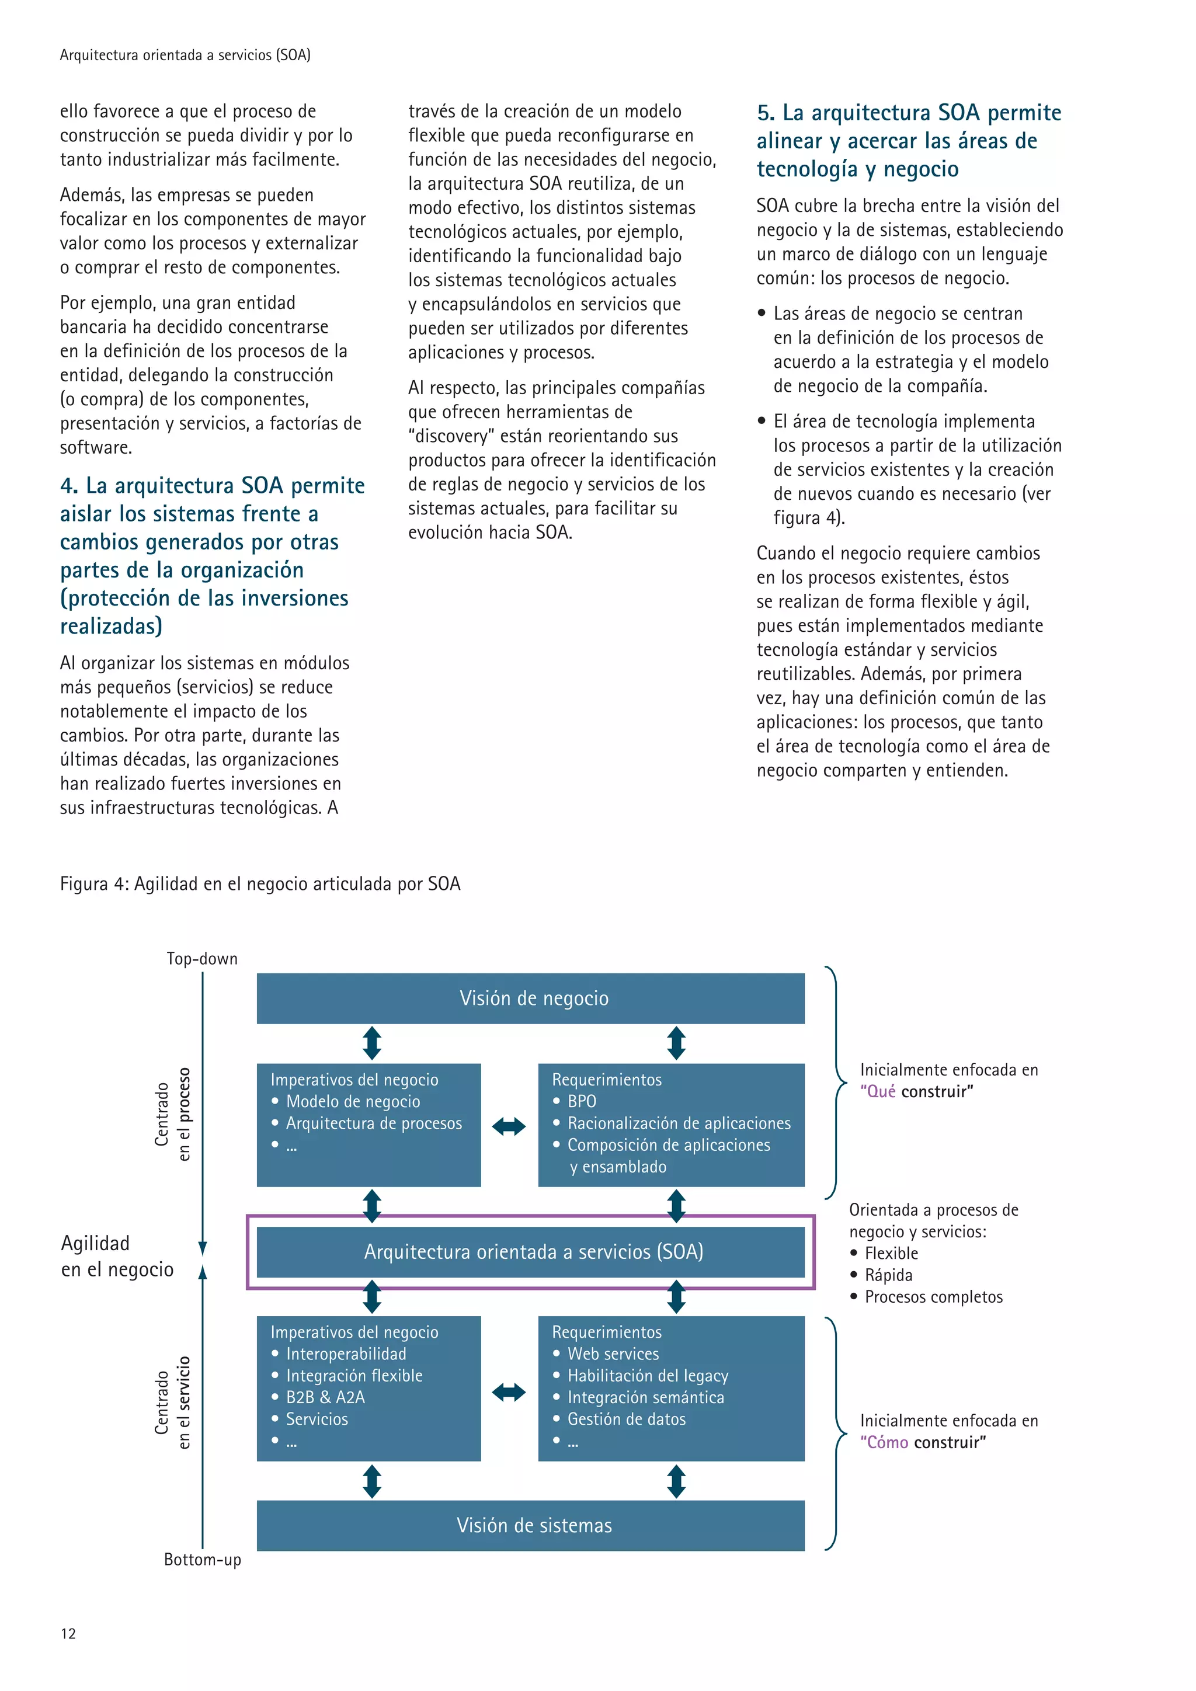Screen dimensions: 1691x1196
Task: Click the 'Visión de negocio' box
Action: pos(530,998)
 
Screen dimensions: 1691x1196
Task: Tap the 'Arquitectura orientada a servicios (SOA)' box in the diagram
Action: pos(530,1251)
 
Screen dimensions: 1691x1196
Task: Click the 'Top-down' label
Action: pos(202,958)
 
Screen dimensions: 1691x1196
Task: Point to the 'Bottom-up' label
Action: pos(202,1559)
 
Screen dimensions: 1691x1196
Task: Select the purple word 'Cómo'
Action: pos(888,1442)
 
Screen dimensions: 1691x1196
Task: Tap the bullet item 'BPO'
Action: pos(582,1101)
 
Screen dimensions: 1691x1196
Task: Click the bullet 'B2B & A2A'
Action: pos(325,1397)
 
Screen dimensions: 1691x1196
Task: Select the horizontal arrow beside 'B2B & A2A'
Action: pos(509,1392)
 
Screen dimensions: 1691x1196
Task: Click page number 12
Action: pos(68,1634)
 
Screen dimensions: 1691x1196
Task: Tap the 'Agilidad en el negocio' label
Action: pos(116,1257)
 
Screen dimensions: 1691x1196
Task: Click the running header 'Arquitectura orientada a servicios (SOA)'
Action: pos(185,55)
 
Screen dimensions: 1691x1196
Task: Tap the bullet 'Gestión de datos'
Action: pos(626,1419)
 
